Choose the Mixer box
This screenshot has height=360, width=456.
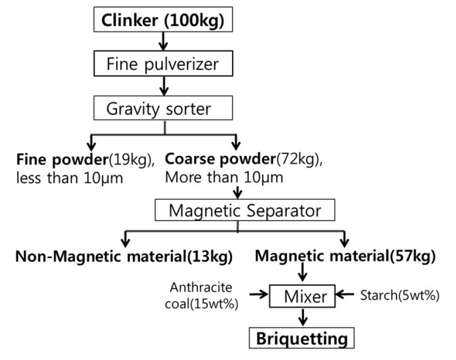coord(306,296)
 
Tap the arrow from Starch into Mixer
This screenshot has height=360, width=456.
coord(345,295)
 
